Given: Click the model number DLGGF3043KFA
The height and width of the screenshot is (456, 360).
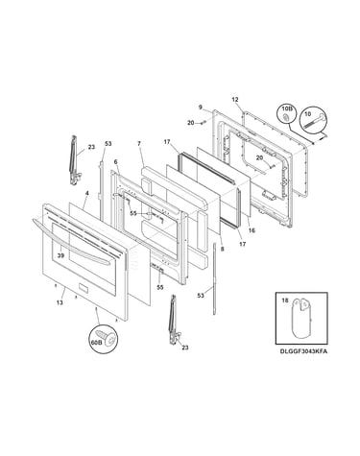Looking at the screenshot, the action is (303, 351).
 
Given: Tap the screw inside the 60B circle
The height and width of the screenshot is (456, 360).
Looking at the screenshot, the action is (108, 337).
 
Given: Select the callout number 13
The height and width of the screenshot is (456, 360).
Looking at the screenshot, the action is (60, 302).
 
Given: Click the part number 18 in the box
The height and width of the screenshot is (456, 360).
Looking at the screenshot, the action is (285, 300).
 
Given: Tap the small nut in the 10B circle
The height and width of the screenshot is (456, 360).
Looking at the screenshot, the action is (286, 118).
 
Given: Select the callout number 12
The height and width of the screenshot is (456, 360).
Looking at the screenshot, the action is (235, 100).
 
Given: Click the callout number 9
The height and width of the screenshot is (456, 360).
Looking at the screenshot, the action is (201, 107).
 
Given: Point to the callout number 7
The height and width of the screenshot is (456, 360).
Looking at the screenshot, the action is (139, 144).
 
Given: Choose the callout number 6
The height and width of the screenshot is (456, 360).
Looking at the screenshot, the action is (115, 162).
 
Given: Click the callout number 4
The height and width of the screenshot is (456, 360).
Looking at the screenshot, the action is (86, 193).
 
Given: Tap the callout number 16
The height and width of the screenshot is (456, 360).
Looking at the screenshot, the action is (252, 230).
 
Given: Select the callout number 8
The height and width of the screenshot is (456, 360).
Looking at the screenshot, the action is (223, 249).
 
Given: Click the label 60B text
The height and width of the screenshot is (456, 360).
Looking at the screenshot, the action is (96, 342).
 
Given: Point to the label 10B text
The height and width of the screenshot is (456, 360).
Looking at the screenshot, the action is (286, 109).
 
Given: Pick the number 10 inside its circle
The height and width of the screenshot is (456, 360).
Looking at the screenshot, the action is (308, 113).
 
